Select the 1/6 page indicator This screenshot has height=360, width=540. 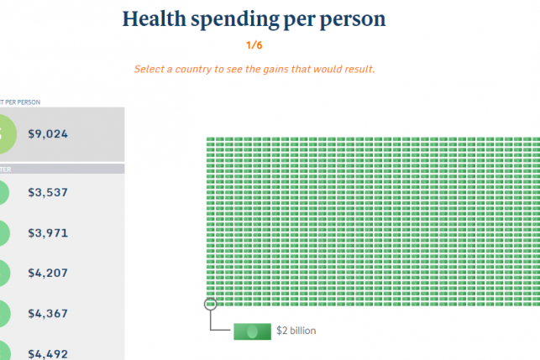pos(254,46)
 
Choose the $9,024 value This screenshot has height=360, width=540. pos(49,133)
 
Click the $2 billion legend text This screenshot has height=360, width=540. pos(296,331)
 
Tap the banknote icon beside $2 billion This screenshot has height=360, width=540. pos(251,331)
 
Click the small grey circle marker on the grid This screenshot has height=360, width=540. pos(210,304)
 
